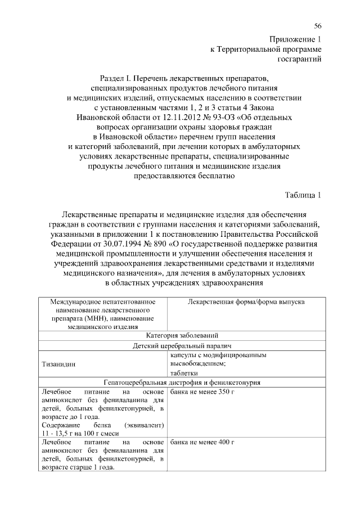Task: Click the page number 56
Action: [x=318, y=26]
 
